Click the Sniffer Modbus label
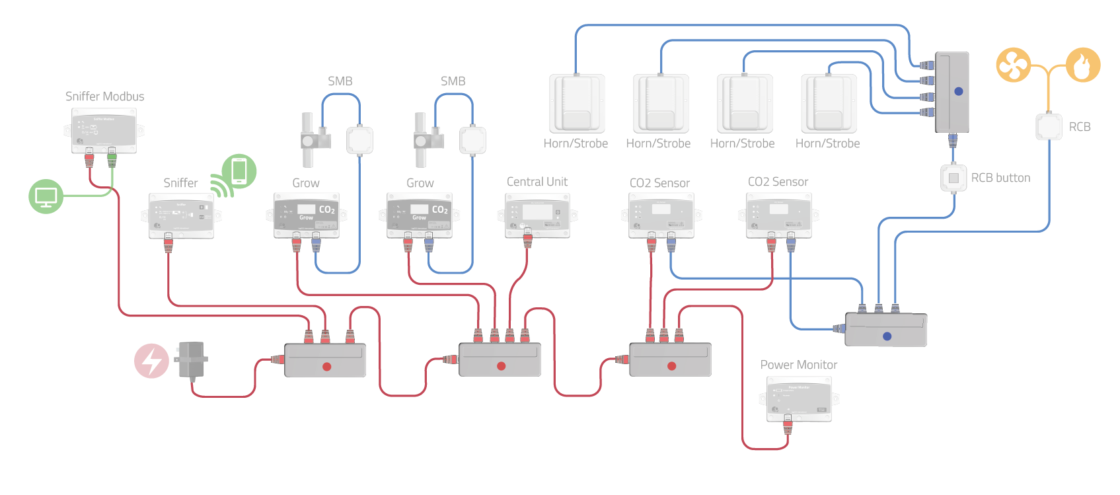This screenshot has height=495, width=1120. click(x=104, y=96)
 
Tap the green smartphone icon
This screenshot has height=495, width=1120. click(x=239, y=171)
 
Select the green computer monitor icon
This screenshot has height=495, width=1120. click(x=46, y=196)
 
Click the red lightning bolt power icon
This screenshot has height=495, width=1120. click(x=151, y=361)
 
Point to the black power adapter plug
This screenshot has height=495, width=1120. click(x=192, y=360)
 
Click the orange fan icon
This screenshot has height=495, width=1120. click(x=1013, y=65)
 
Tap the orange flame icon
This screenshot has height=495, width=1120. click(x=1083, y=65)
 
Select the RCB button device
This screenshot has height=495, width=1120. click(x=953, y=178)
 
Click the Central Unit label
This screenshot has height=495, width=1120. click(x=537, y=182)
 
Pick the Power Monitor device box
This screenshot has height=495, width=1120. click(x=799, y=399)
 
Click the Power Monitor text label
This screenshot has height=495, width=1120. click(x=798, y=365)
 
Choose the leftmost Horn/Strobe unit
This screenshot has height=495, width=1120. click(x=577, y=103)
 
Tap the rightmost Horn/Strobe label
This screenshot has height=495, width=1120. click(x=827, y=143)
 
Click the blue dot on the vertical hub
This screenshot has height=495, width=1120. click(x=958, y=92)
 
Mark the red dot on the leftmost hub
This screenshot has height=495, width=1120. click(x=326, y=366)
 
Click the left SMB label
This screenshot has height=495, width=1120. click(x=340, y=81)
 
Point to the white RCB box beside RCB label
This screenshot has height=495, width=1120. click(x=1049, y=127)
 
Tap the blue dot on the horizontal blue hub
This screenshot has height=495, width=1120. click(x=887, y=336)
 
